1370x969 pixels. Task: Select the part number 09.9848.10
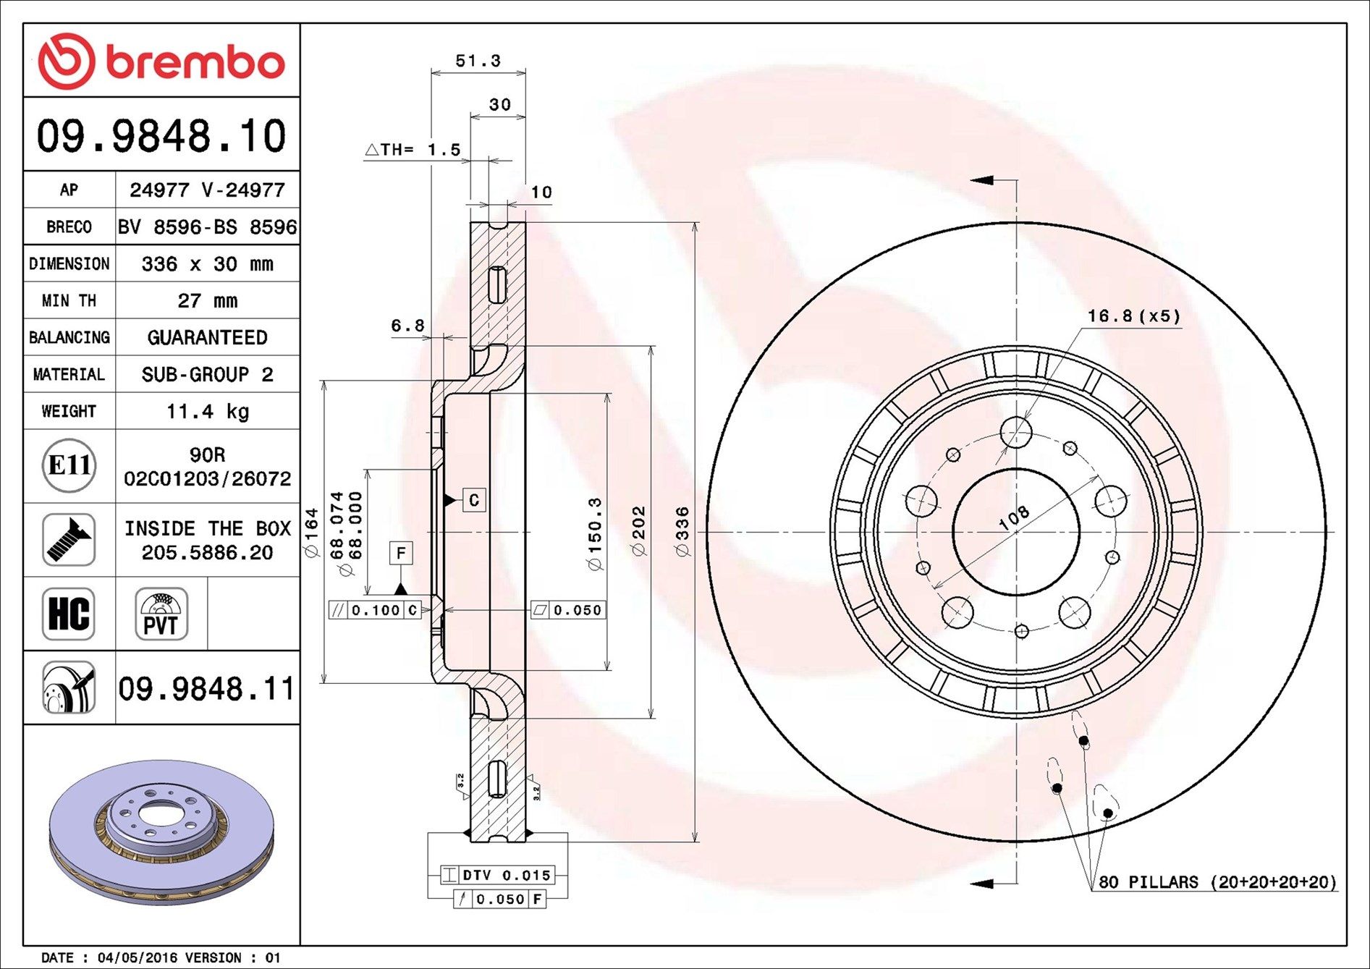coord(161,136)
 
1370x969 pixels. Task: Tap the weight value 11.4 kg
coord(208,412)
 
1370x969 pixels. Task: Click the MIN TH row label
coord(69,300)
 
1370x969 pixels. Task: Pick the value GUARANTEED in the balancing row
coord(208,337)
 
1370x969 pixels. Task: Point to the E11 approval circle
coord(69,465)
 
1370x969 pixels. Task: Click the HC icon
coord(69,614)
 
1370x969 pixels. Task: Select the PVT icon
coord(161,614)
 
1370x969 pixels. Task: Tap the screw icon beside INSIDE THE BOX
coord(69,540)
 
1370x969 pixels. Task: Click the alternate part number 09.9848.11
coord(207,688)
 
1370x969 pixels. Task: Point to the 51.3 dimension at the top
coord(478,61)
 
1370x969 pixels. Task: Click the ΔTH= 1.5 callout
coord(413,150)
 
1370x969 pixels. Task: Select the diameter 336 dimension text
coord(682,532)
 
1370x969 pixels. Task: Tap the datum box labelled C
coord(474,500)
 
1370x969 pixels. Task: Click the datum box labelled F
coord(401,554)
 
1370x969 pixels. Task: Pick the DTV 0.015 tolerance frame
coord(498,875)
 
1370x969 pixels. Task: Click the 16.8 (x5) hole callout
coord(1133,316)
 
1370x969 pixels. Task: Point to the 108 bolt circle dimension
coord(1013,517)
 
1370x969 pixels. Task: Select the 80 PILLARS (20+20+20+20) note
coord(1217,882)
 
